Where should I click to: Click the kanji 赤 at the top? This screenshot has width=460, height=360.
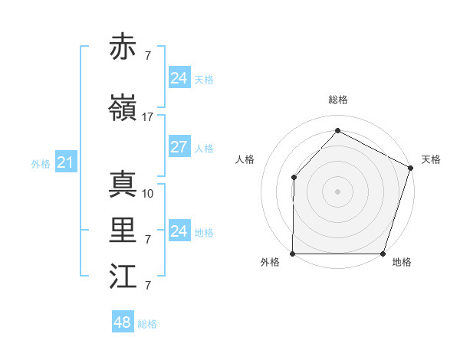click(123, 47)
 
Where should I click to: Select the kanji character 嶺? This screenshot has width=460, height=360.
click(123, 109)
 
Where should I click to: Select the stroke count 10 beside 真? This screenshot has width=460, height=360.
click(148, 194)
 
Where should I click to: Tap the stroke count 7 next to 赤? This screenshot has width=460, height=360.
click(147, 56)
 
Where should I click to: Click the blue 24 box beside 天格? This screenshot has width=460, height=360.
click(179, 78)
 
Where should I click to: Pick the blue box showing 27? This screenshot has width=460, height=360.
click(179, 147)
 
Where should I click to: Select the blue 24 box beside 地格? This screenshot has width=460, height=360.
click(179, 231)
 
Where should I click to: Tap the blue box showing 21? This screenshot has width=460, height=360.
click(65, 162)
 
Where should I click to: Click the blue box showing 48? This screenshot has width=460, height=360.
click(122, 322)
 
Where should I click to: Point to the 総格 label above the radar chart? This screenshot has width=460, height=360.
click(337, 100)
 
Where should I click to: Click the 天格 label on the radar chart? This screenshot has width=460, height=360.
click(431, 159)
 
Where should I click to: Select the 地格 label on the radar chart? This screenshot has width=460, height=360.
click(402, 262)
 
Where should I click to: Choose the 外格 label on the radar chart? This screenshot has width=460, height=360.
click(270, 262)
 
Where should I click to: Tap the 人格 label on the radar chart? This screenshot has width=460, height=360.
click(245, 159)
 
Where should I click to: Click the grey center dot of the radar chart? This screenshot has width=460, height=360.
click(337, 191)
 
